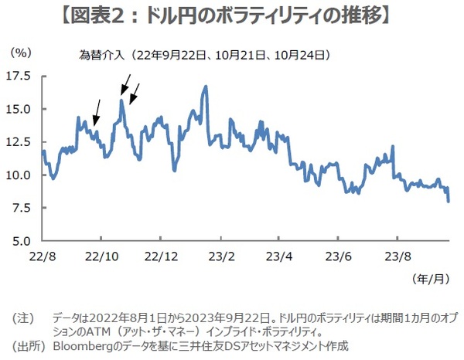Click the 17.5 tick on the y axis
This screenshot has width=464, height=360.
19,76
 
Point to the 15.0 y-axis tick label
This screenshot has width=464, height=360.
19,109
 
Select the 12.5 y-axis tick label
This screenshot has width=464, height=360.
19,142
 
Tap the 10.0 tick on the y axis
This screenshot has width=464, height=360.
19,175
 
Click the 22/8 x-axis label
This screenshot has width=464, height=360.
43,255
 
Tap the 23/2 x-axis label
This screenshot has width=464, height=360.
221,255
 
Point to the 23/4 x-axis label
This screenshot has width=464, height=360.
280,255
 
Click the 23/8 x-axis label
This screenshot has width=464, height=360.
397,255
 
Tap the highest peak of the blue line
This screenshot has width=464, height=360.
206,87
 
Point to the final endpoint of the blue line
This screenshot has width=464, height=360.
449,201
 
